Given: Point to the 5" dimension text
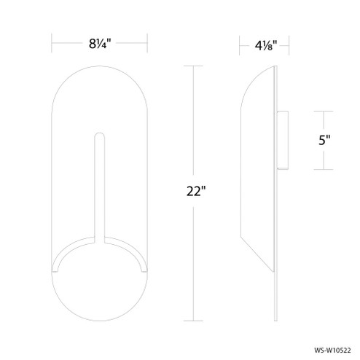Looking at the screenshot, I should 324,141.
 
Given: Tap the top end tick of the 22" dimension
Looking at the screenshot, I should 193,66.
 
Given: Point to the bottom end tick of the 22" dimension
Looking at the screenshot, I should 193,320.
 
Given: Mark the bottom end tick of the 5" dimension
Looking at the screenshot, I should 324,172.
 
